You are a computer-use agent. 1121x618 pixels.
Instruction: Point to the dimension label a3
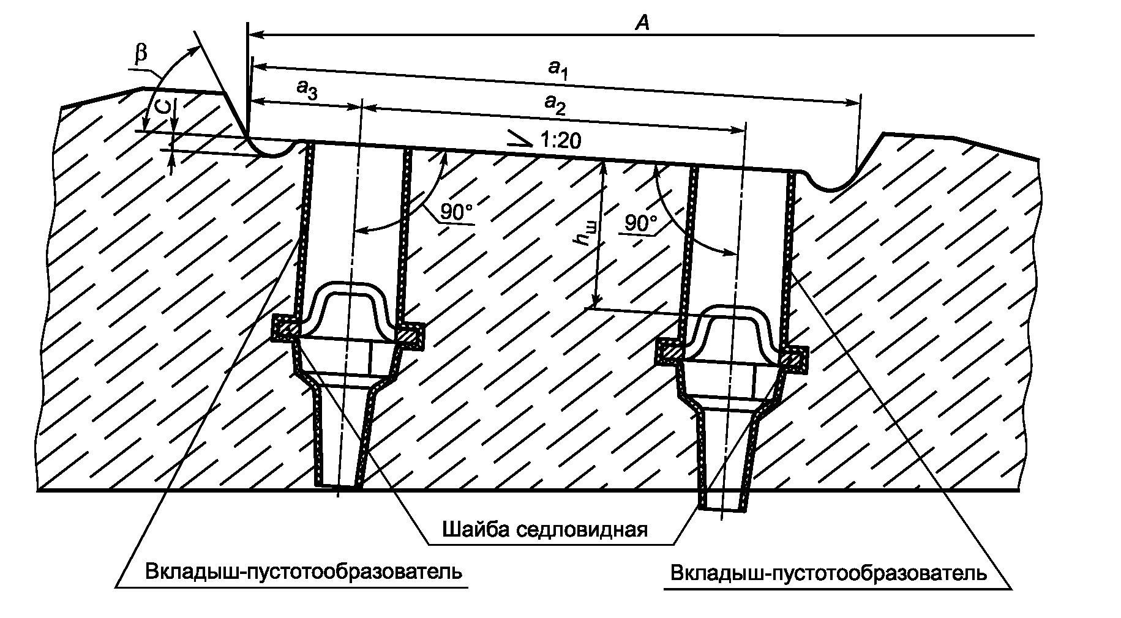[x=307, y=89]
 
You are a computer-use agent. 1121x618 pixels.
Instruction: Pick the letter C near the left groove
[x=162, y=108]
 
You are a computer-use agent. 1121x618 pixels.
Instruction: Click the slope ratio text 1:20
[x=560, y=141]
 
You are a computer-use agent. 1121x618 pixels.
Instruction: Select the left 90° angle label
[x=456, y=213]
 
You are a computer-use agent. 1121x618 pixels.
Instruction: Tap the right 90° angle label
[x=640, y=223]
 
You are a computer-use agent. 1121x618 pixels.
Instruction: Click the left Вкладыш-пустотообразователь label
[x=303, y=572]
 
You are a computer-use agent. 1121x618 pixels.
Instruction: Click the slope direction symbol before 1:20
[x=520, y=140]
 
